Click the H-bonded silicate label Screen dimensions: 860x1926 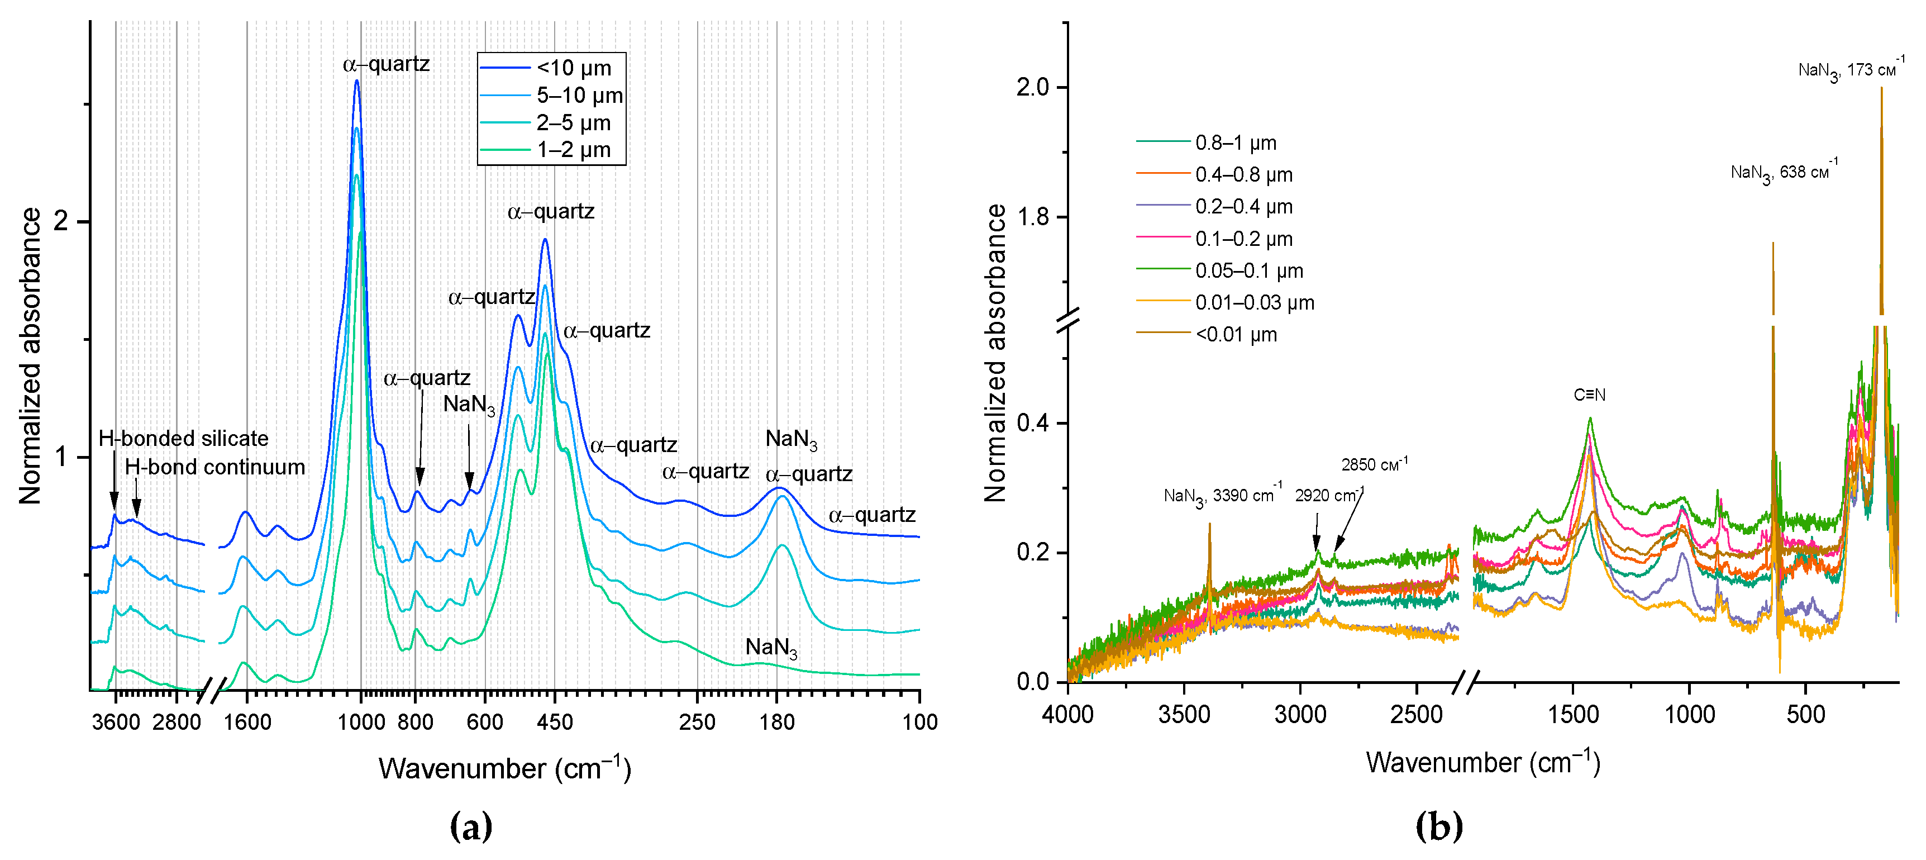point(183,438)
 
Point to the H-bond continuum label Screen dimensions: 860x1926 point(214,467)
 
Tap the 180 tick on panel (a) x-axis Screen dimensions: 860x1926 point(777,723)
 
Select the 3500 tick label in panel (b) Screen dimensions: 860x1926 point(1184,715)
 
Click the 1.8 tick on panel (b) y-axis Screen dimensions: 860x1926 point(1032,217)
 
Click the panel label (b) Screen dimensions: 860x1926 point(1438,826)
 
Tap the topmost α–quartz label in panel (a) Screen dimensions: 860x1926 point(386,64)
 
